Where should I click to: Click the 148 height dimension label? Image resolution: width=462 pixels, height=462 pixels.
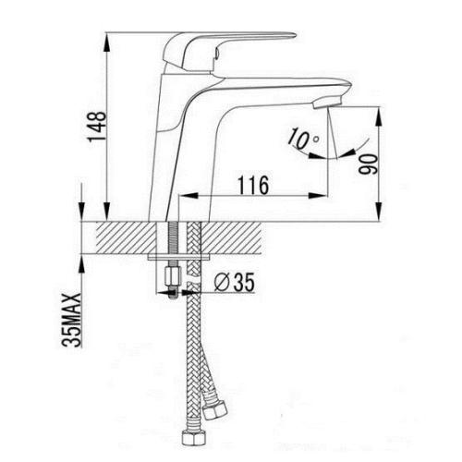tap(97, 127)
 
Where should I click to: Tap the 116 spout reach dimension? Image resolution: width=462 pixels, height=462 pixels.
tap(253, 185)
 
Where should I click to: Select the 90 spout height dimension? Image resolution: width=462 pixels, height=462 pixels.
tap(369, 164)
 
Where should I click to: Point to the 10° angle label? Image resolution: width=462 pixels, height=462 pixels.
tap(302, 138)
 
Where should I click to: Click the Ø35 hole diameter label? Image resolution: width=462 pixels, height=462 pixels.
tap(235, 282)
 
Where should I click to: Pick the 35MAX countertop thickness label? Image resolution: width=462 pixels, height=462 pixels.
tap(71, 321)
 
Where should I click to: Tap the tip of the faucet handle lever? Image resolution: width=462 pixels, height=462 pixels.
tap(295, 35)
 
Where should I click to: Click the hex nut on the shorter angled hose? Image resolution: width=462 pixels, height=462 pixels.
tap(215, 409)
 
